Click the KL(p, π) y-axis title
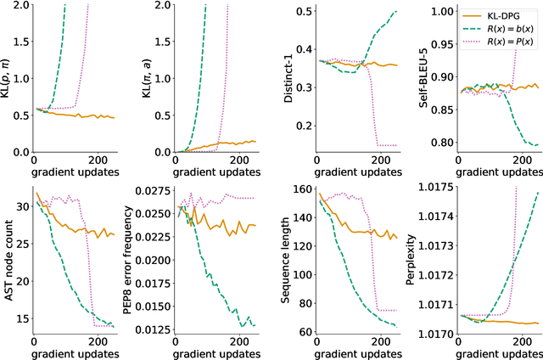(8, 78)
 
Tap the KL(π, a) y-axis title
(142, 78)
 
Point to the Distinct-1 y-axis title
(278, 78)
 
